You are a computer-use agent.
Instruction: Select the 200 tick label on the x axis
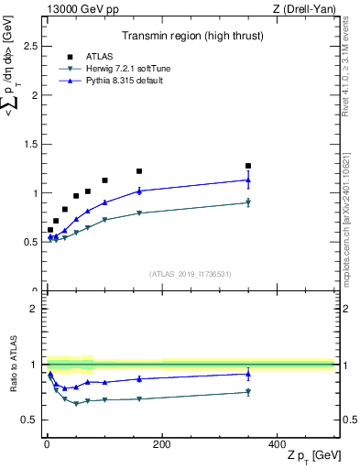pyautogui.click(x=161, y=443)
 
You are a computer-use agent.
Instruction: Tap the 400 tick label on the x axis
pyautogui.click(x=277, y=443)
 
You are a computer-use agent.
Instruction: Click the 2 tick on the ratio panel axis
pyautogui.click(x=35, y=309)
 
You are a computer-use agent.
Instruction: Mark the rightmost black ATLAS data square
pyautogui.click(x=248, y=166)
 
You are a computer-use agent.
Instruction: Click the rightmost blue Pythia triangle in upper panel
pyautogui.click(x=248, y=180)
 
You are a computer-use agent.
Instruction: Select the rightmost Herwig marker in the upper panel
pyautogui.click(x=248, y=202)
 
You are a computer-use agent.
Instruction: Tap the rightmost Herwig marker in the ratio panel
pyautogui.click(x=248, y=392)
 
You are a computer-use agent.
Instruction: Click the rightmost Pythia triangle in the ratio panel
pyautogui.click(x=248, y=373)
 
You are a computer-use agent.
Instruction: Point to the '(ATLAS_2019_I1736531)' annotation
pyautogui.click(x=190, y=273)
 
